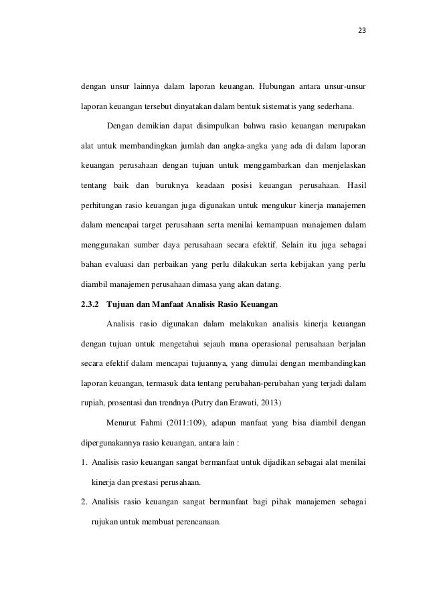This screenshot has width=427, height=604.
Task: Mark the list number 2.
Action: click(83, 500)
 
